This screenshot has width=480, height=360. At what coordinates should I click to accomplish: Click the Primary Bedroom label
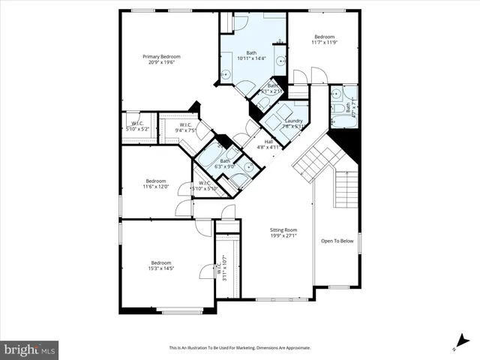(x=161, y=56)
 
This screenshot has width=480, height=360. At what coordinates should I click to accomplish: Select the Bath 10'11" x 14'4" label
(x=251, y=55)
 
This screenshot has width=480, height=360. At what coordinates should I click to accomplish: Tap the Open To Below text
(x=337, y=241)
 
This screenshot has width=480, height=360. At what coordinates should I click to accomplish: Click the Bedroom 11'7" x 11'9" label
(x=324, y=40)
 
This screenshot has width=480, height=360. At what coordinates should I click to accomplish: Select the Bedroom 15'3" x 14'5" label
(x=161, y=265)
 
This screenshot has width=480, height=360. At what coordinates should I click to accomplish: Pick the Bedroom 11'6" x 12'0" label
(x=156, y=184)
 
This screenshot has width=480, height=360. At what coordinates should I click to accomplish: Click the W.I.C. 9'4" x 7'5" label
(x=185, y=127)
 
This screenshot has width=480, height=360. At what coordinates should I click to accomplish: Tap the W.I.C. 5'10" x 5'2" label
(x=137, y=126)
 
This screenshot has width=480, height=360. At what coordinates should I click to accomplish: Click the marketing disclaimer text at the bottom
(x=239, y=348)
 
